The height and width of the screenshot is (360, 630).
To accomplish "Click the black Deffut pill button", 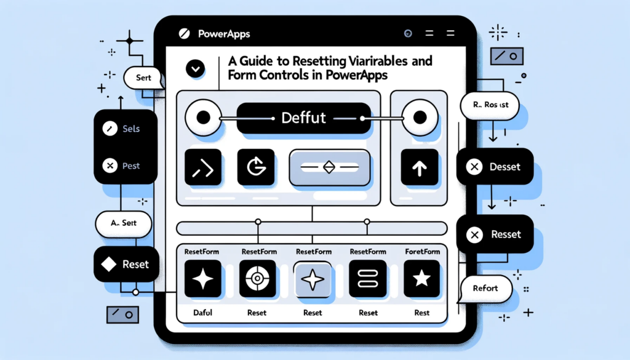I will click(x=303, y=118).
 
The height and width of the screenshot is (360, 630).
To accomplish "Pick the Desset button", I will click(x=495, y=166).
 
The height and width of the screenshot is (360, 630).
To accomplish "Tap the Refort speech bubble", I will click(x=485, y=288).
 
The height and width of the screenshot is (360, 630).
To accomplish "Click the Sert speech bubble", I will click(x=143, y=79).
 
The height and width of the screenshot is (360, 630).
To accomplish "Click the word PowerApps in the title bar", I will click(x=224, y=34).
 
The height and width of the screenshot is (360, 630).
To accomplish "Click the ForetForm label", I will click(x=422, y=251).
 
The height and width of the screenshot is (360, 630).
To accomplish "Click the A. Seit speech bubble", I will click(x=123, y=223).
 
